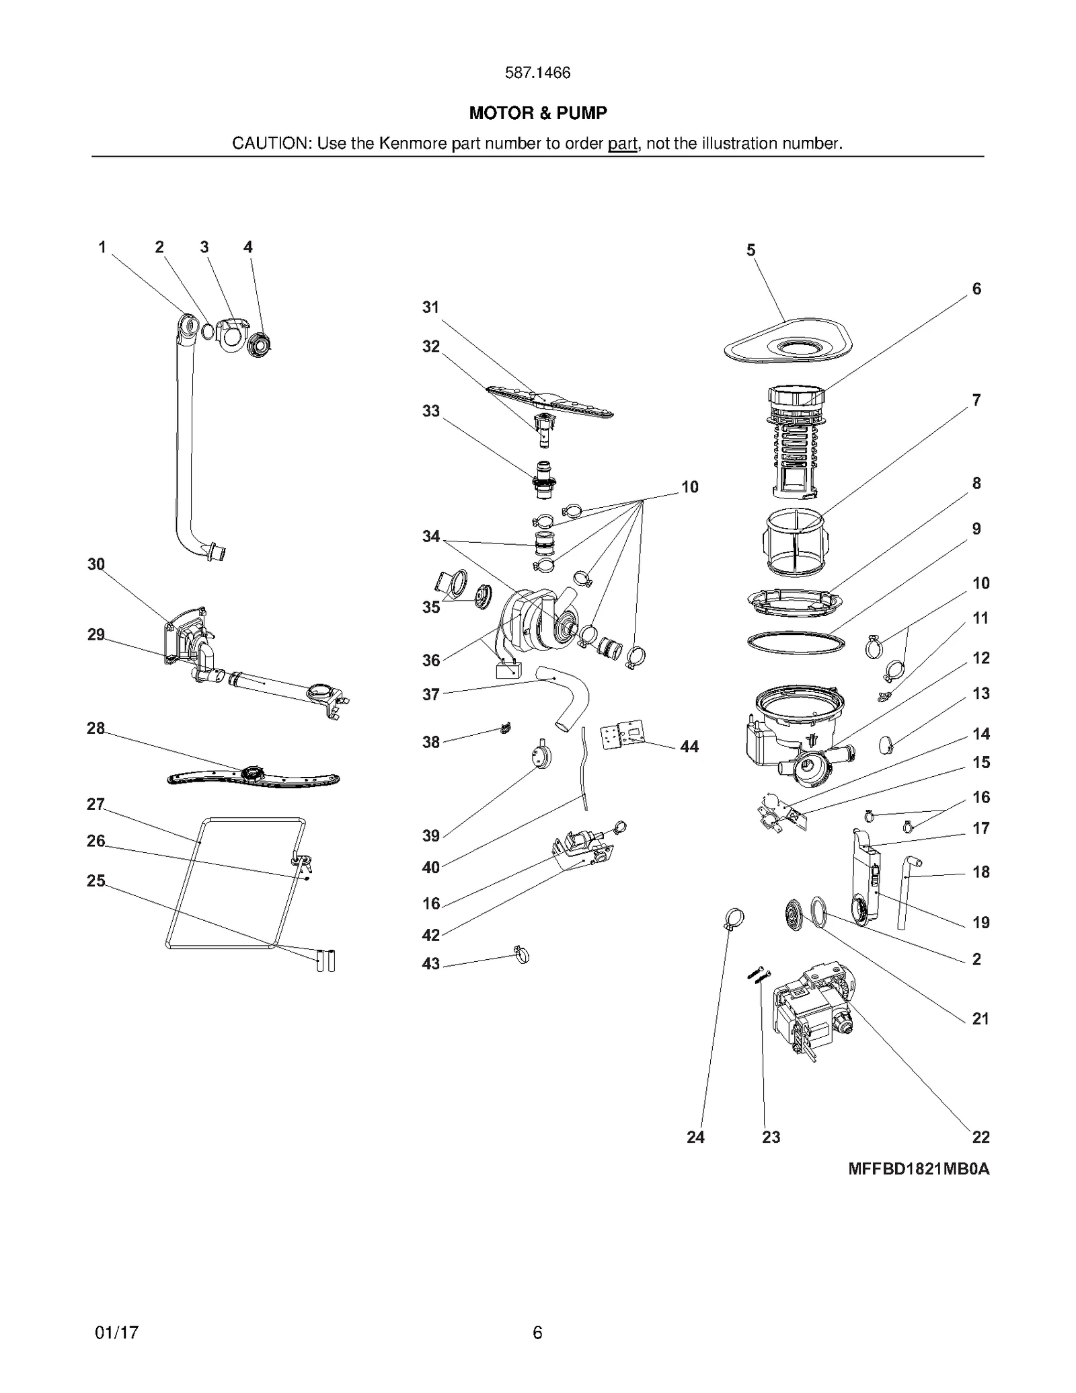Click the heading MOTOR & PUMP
click(537, 113)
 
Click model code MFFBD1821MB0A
click(918, 1168)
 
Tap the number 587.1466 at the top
click(537, 73)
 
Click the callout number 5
click(751, 250)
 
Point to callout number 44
click(689, 746)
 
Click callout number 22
click(981, 1137)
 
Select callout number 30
click(96, 564)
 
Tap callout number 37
click(430, 694)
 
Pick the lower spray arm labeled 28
click(253, 778)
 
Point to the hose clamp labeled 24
click(734, 917)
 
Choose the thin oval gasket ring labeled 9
click(796, 642)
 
